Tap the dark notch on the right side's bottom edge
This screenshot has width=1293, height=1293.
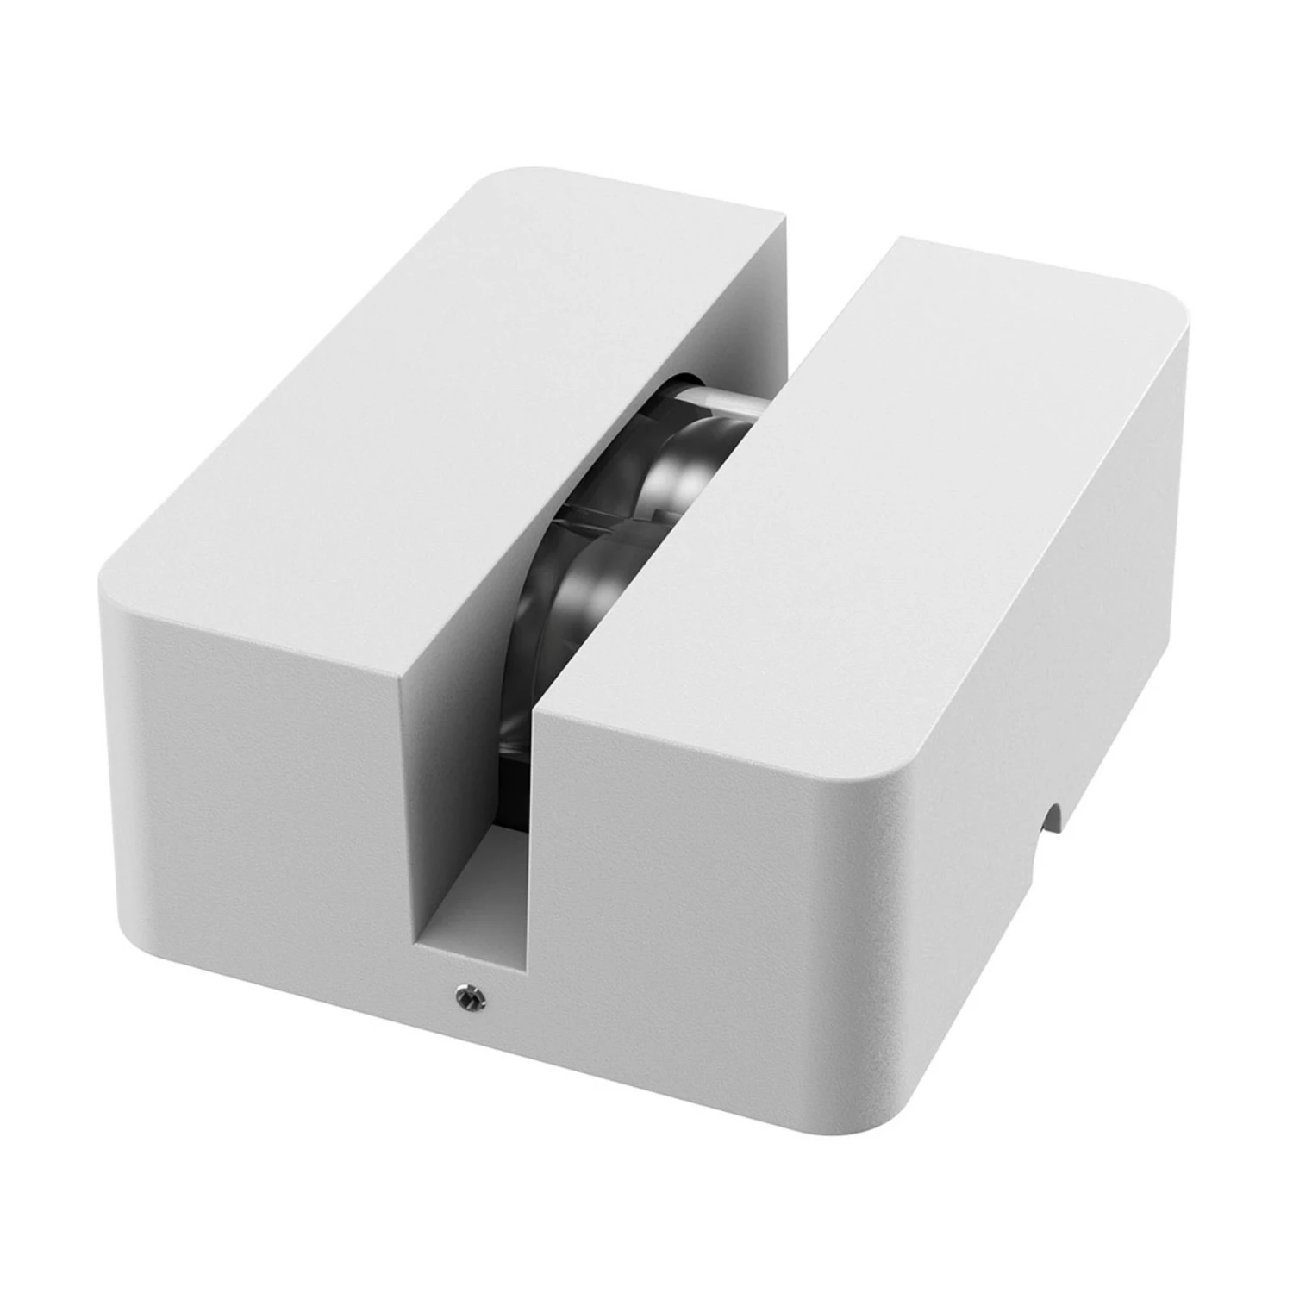[1052, 815]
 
